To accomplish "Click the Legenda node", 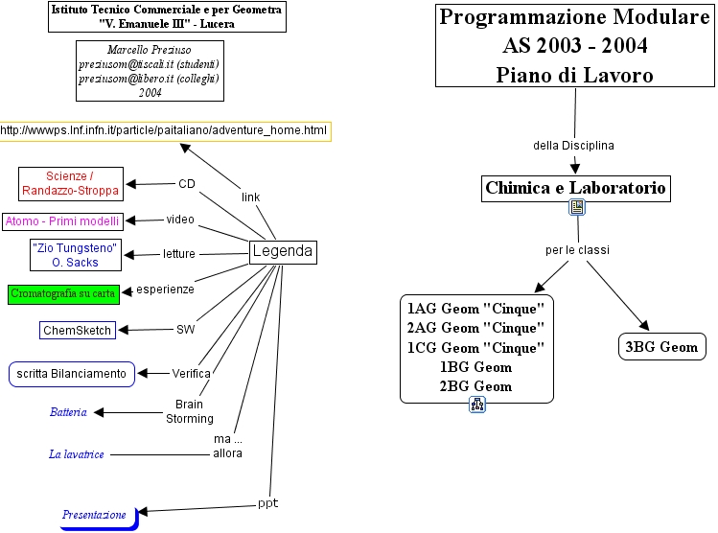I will pyautogui.click(x=282, y=252).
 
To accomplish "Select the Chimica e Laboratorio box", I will pyautogui.click(x=575, y=188).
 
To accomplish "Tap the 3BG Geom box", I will pyautogui.click(x=662, y=346).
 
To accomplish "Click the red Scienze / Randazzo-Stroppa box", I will pyautogui.click(x=71, y=183).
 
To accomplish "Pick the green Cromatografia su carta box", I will pyautogui.click(x=63, y=293).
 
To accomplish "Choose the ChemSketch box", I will pyautogui.click(x=78, y=331).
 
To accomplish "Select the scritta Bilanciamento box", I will pyautogui.click(x=71, y=373).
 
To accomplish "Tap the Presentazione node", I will pyautogui.click(x=94, y=515).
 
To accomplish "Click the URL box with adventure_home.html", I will pyautogui.click(x=165, y=129).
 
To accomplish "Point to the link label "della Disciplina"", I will pyautogui.click(x=573, y=145).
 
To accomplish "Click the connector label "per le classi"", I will pyautogui.click(x=577, y=250).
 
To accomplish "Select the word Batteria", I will pyautogui.click(x=68, y=412).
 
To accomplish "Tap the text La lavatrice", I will pyautogui.click(x=77, y=453).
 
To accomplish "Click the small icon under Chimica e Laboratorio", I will pyautogui.click(x=577, y=207).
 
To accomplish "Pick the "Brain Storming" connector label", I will pyautogui.click(x=189, y=411).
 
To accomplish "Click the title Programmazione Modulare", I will pyautogui.click(x=575, y=17).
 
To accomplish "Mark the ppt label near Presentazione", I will pyautogui.click(x=267, y=502).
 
